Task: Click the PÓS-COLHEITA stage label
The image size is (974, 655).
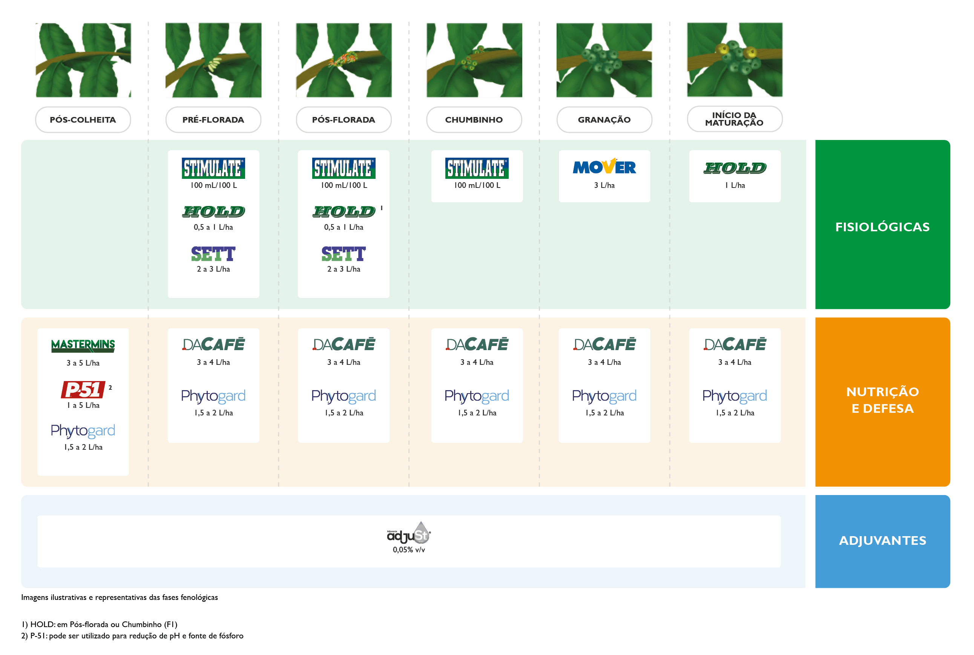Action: tap(83, 120)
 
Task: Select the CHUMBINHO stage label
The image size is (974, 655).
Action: tap(474, 120)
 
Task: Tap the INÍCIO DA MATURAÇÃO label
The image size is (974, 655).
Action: tap(734, 119)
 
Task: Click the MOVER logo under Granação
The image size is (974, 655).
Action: tap(604, 167)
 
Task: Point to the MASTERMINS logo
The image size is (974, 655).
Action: tap(83, 346)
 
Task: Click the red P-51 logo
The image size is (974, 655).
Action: tap(83, 389)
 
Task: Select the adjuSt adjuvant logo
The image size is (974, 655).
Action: tap(409, 533)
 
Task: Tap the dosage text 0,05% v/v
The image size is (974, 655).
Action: tap(409, 550)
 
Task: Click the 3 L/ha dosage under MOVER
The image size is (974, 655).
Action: tap(604, 185)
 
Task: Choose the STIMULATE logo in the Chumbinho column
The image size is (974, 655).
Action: tap(477, 168)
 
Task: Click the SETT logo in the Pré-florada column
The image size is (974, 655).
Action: tap(213, 254)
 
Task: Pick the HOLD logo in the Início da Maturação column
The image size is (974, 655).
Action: tap(735, 168)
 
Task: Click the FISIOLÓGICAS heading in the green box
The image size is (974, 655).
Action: tap(882, 227)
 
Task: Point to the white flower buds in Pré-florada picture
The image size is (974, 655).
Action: tap(214, 63)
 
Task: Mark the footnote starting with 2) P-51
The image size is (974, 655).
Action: tap(132, 636)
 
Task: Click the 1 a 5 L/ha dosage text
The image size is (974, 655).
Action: tap(83, 405)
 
